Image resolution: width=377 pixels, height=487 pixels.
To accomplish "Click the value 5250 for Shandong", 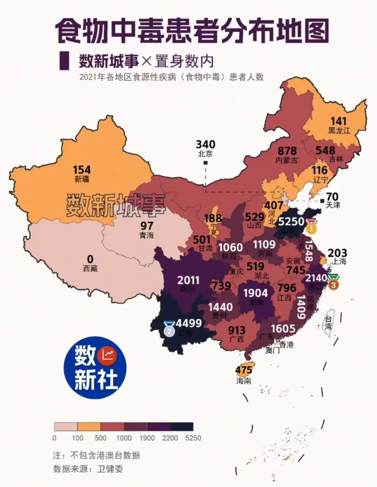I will click(291, 221).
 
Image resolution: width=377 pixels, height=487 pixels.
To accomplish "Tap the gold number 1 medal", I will click(311, 228).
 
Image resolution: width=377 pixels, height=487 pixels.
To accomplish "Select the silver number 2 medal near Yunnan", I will click(169, 329).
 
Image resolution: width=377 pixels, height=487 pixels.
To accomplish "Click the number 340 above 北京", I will click(205, 144).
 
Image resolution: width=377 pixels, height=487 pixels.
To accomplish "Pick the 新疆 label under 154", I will click(82, 179).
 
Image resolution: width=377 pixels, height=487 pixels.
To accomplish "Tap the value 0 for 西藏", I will click(90, 259).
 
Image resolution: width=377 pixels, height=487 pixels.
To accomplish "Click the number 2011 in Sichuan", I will click(188, 280).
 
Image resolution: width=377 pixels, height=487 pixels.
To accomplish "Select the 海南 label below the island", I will click(243, 381).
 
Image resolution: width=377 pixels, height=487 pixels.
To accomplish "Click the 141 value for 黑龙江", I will click(338, 121).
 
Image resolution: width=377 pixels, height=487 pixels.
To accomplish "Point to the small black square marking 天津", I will click(322, 201).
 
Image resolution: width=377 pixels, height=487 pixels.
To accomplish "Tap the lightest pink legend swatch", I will click(66, 427).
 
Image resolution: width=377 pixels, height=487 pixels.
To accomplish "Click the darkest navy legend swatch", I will click(182, 427).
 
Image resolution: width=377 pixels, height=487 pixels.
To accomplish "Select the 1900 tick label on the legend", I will click(147, 438).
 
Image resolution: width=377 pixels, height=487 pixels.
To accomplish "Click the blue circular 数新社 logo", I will click(95, 368).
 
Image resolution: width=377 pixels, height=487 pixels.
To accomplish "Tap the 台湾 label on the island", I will click(328, 323).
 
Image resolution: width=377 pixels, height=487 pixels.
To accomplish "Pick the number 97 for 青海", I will click(147, 226).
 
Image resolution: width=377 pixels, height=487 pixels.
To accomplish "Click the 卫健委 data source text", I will click(110, 469).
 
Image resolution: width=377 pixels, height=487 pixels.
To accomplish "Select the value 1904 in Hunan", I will click(256, 293).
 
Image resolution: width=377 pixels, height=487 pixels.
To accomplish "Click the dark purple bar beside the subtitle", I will click(64, 61).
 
